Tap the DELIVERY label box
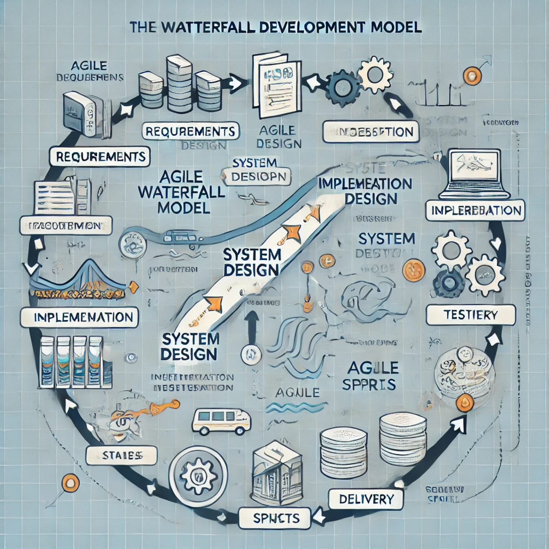click(366, 499)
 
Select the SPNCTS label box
click(275, 518)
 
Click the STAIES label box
click(122, 455)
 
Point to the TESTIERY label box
click(470, 315)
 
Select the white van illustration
click(220, 420)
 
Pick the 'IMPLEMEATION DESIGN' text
click(364, 191)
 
